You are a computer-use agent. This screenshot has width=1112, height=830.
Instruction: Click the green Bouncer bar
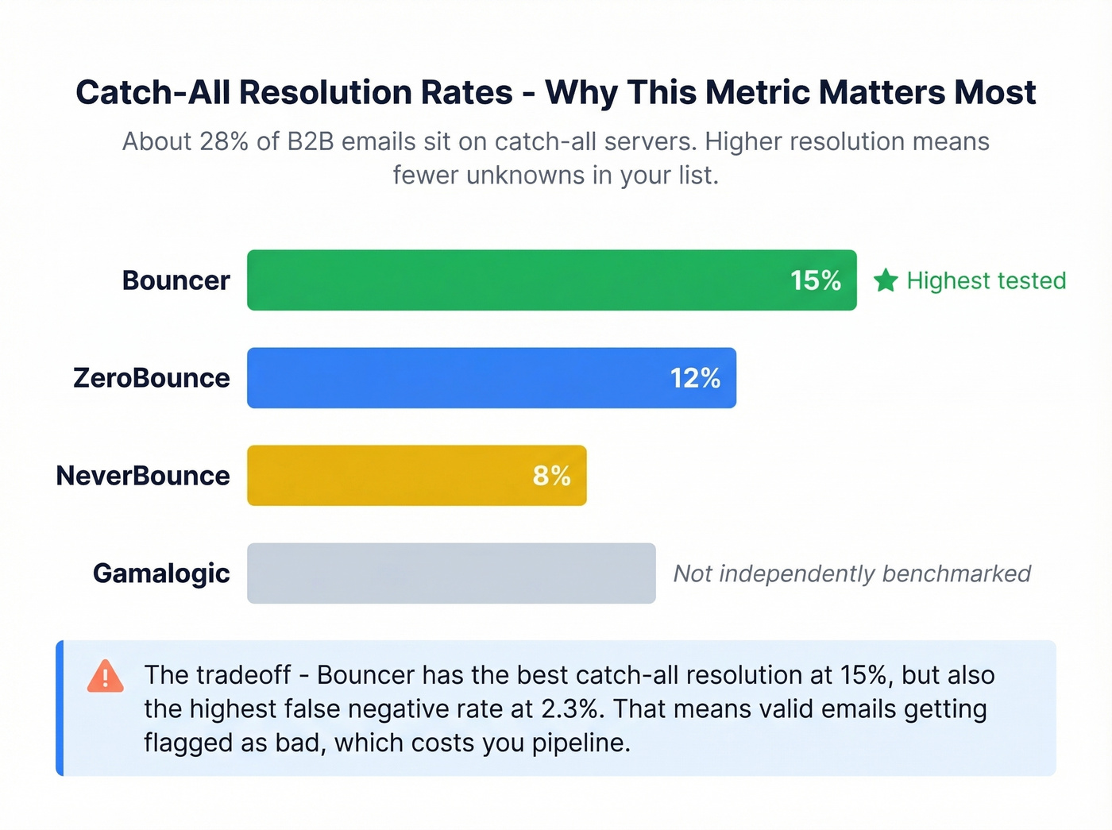coord(516,280)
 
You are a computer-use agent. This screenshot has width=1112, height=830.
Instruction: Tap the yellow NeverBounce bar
coord(381,476)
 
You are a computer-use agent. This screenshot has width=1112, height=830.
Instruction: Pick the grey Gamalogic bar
coord(451,573)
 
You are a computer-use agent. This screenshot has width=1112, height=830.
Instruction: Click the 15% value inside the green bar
coord(815,280)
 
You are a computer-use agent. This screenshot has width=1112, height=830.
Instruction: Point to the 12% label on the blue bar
coord(695,378)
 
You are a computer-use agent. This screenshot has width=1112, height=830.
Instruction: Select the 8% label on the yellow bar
coord(551,476)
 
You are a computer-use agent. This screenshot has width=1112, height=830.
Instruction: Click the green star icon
coord(886,280)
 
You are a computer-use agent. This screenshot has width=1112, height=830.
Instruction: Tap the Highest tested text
coord(986,280)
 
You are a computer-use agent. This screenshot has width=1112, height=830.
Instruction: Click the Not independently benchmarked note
coord(851,573)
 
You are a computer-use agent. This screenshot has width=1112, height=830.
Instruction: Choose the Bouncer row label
coord(176,280)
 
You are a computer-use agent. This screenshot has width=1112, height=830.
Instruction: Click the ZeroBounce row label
coord(151,378)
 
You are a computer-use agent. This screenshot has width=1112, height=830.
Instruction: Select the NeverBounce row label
coord(143,476)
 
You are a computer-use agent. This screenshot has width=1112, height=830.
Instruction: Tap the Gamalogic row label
coord(161,573)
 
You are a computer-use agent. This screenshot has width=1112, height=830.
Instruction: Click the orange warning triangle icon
coord(105,677)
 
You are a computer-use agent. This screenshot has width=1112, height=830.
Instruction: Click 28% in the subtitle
coord(224,141)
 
